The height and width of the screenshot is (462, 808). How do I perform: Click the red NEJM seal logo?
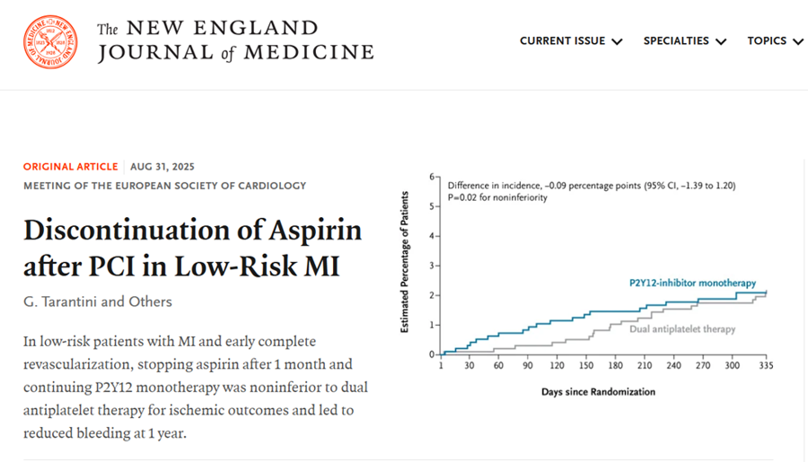(x=50, y=40)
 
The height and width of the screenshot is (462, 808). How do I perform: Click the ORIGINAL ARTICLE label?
(x=70, y=167)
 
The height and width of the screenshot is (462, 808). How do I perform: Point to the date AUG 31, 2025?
(x=162, y=167)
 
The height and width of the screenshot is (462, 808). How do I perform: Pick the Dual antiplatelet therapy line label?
(x=682, y=329)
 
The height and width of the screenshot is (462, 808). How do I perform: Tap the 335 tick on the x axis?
(x=766, y=366)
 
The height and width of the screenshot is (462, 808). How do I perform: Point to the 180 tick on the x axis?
(x=616, y=366)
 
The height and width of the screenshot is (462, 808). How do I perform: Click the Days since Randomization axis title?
(x=598, y=392)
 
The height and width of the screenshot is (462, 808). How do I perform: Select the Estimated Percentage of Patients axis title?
(x=405, y=263)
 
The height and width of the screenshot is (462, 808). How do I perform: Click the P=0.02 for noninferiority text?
(x=497, y=197)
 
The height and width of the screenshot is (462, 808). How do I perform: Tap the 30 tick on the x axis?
(x=470, y=366)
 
